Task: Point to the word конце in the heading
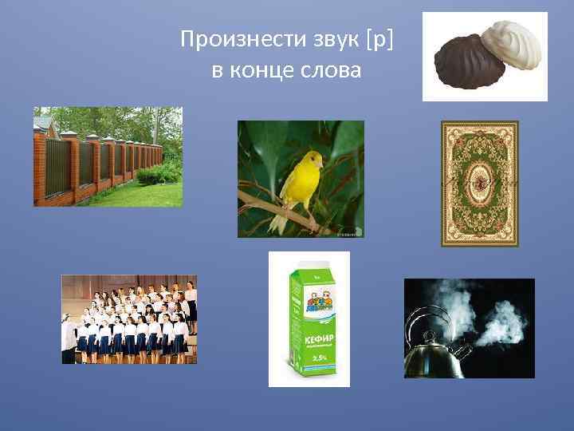point(263,70)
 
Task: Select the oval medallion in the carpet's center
point(480,183)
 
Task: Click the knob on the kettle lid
point(431,334)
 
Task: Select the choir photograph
point(129,319)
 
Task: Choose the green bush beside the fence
point(159,172)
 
